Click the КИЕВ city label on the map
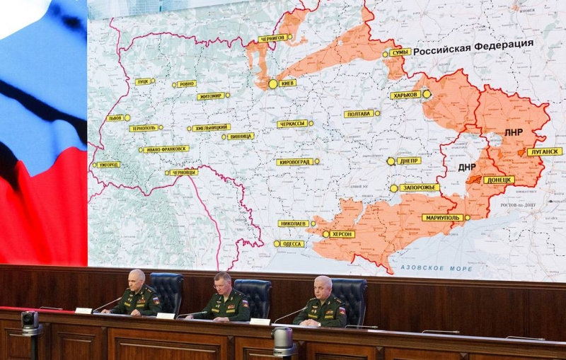click(287, 83)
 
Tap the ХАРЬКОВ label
click(405, 95)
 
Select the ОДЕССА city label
click(291, 244)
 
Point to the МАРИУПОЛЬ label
click(443, 218)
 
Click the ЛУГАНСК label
click(545, 151)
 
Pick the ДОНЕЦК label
click(499, 180)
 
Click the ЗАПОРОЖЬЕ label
click(420, 187)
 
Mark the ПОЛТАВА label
click(359, 113)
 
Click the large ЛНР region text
click(514, 132)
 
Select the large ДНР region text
click(467, 167)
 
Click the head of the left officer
click(137, 278)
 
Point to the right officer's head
click(323, 285)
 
